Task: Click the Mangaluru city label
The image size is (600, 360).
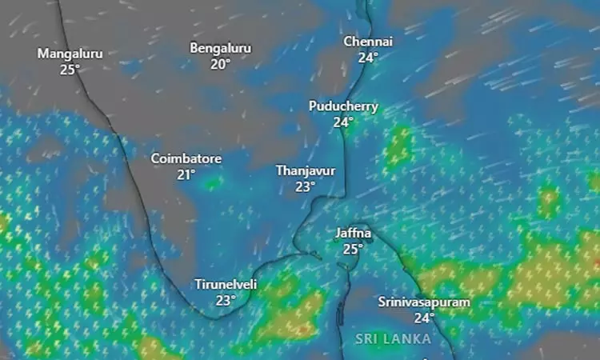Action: coord(70,54)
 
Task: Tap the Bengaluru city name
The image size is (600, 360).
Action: coord(220,48)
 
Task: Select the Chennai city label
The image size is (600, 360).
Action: coord(368,42)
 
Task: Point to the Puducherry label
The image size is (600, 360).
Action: coord(344,106)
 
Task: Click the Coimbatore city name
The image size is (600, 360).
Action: coord(186,158)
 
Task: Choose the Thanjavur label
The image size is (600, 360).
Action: coord(305,171)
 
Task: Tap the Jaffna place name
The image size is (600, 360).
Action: coord(354,234)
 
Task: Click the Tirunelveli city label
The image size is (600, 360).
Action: coord(226,285)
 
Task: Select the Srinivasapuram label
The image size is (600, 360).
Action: coord(424,302)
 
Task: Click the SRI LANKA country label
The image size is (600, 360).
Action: coord(393,339)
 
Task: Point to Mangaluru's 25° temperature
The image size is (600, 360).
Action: coord(70,70)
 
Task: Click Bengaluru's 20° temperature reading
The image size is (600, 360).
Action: coord(220,63)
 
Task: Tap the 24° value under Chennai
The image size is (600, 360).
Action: coord(368,57)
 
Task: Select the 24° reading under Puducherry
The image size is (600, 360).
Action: coord(343,122)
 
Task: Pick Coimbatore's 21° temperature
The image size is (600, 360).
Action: coord(186,174)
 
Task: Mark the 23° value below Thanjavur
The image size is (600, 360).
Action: coord(305,186)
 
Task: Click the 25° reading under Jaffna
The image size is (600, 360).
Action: coord(354,249)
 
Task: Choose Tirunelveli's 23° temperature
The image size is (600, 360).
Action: coord(226,300)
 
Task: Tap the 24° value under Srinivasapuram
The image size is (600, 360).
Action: coord(424,318)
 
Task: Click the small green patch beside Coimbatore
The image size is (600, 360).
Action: coord(212,183)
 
